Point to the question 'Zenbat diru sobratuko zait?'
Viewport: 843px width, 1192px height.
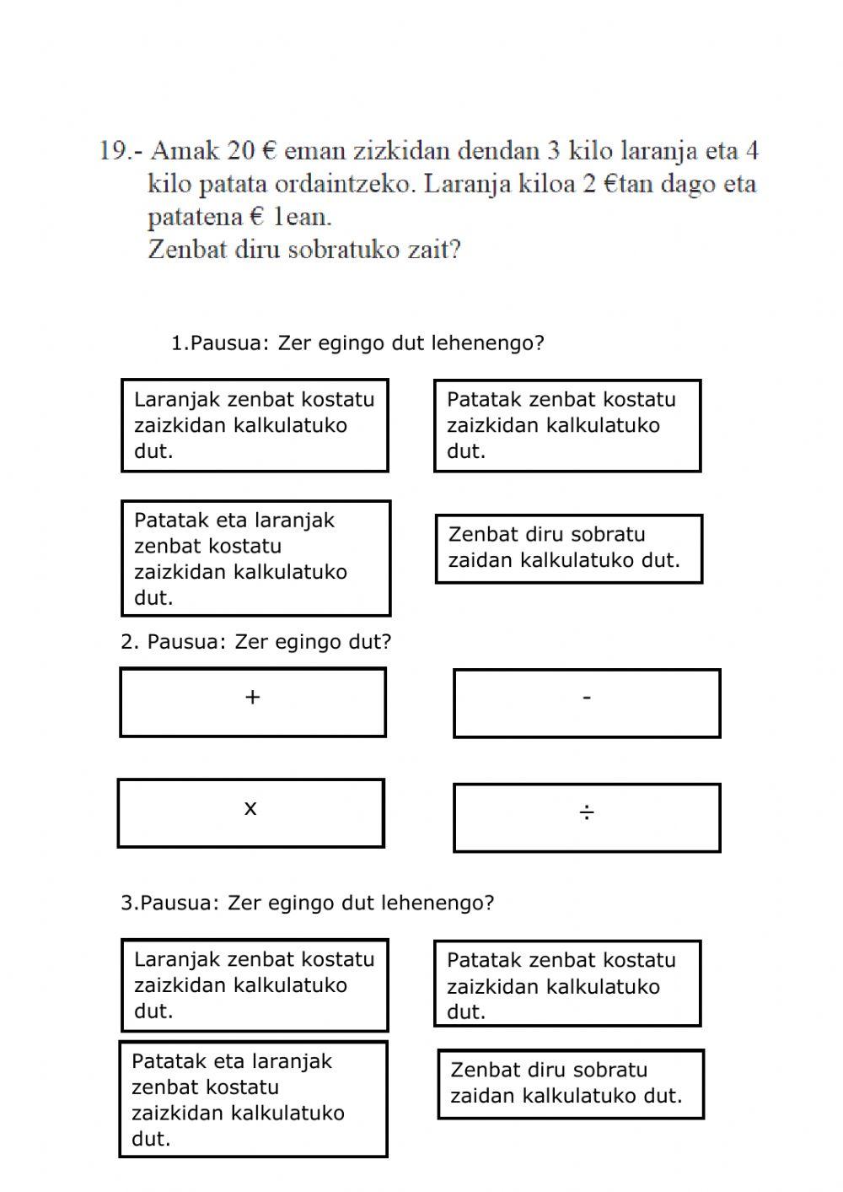304,250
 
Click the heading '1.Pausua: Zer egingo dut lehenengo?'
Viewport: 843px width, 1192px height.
357,343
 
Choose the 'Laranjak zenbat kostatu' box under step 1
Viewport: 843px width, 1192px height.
255,425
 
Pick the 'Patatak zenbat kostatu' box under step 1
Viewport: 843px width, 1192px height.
567,425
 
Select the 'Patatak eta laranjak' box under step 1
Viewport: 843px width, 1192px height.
255,558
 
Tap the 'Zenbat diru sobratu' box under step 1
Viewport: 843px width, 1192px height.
568,548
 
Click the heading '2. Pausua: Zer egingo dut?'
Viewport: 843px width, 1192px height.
256,642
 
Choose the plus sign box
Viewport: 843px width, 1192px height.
252,702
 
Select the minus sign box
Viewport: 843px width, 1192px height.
587,703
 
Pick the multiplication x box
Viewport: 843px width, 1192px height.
250,813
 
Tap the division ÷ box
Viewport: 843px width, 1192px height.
587,817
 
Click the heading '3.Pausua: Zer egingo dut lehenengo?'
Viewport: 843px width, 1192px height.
307,903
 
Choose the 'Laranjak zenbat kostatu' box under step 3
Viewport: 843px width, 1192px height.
255,984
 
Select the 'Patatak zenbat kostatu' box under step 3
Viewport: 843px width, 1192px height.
567,984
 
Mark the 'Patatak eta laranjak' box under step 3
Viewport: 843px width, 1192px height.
253,1099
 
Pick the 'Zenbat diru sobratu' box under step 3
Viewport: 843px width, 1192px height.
571,1084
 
